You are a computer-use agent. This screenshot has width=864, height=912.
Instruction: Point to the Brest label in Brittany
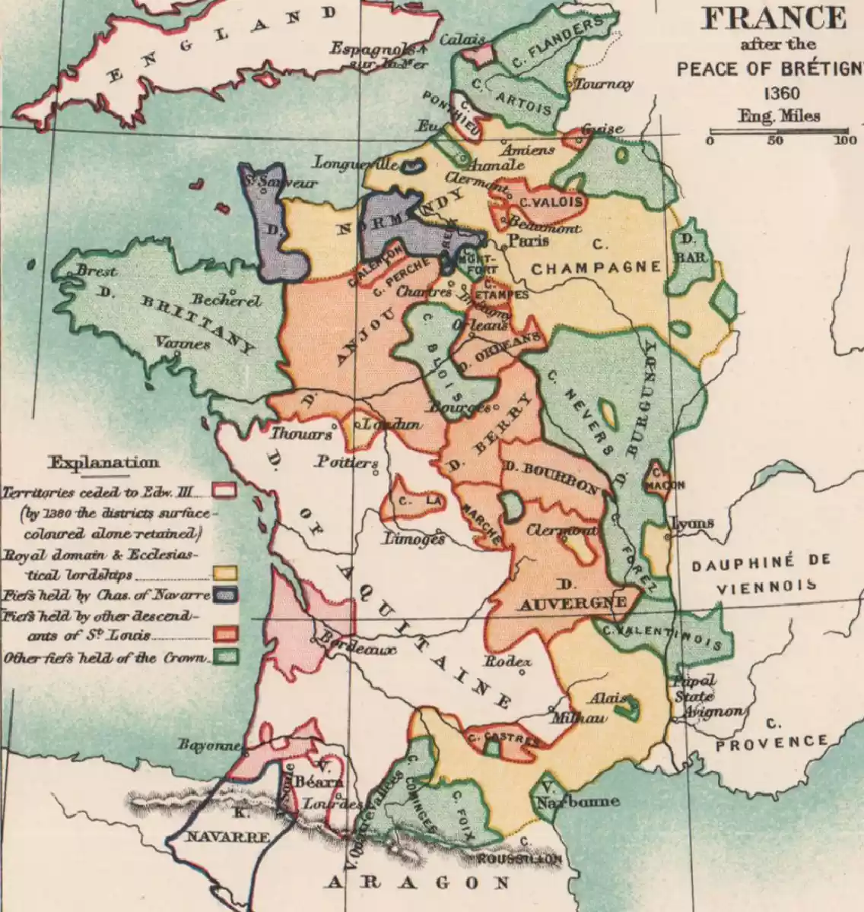97,271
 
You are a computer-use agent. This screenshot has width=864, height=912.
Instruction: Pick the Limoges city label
414,539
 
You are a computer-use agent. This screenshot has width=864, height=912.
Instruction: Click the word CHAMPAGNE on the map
596,268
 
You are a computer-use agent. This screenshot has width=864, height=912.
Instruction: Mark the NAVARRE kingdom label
219,837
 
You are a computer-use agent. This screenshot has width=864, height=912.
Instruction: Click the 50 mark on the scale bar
776,141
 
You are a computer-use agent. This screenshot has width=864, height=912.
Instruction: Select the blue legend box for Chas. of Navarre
225,595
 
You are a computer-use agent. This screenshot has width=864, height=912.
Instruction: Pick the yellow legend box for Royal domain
225,573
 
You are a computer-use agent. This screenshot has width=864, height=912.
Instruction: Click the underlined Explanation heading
104,463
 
